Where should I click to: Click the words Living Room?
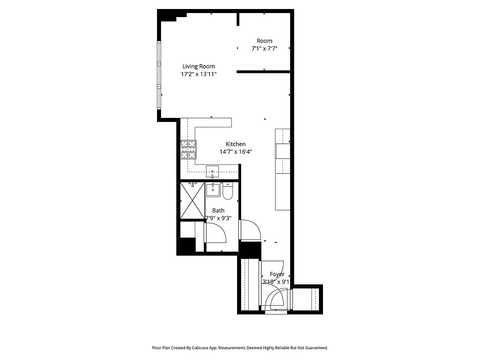(198, 66)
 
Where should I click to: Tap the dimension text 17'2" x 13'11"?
(198, 74)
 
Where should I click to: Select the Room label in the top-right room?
(264, 41)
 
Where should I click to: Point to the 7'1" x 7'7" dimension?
(264, 49)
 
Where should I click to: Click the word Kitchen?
(236, 144)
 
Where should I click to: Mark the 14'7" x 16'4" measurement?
(236, 152)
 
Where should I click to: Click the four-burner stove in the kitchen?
(189, 149)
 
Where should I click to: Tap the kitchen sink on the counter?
(212, 171)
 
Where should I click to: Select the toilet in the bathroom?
(227, 191)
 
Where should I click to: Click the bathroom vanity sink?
(213, 189)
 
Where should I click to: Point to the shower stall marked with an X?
(192, 201)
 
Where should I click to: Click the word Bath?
(218, 210)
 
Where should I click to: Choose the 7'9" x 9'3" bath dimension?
(218, 218)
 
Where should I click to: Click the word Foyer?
(277, 274)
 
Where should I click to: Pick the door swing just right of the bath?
(250, 229)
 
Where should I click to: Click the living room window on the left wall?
(159, 74)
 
